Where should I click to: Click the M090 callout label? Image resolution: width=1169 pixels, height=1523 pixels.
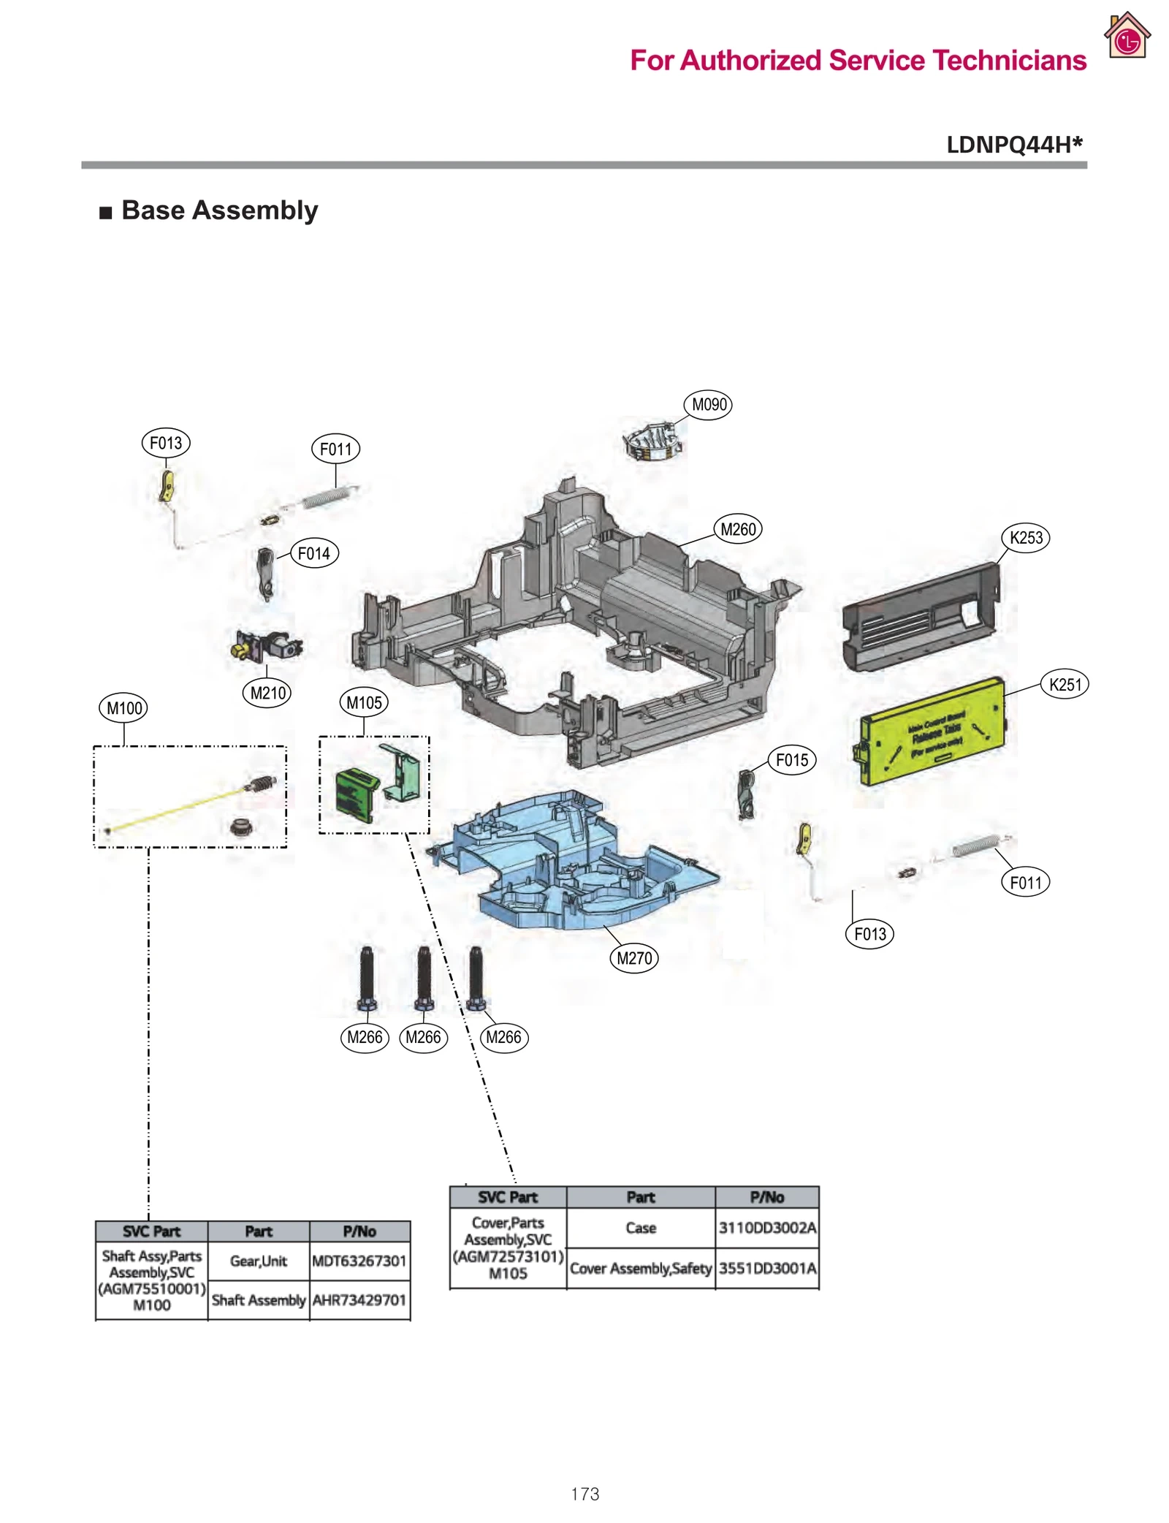pos(707,404)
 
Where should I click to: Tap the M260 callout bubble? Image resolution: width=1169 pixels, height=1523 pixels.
pos(737,529)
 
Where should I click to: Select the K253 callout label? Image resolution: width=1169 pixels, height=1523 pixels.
pos(1025,538)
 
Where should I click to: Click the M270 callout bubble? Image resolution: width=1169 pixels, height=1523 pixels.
pos(633,958)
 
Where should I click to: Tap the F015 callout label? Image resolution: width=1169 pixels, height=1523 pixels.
pos(791,760)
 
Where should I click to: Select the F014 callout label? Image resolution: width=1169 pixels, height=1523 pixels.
pos(314,553)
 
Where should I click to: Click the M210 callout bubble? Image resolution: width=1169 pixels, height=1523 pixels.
pos(267,693)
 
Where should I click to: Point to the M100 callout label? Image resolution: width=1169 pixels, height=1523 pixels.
pos(123,708)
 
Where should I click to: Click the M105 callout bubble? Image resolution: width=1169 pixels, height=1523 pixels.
pos(363,703)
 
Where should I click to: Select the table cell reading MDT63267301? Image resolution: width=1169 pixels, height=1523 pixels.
pos(359,1261)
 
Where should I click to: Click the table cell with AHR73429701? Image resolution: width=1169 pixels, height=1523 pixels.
pos(359,1299)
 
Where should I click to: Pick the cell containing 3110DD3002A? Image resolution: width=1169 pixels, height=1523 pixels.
pos(766,1227)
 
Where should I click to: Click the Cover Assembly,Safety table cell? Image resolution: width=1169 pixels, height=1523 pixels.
pos(640,1268)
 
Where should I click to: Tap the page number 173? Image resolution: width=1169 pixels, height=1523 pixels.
pos(584,1494)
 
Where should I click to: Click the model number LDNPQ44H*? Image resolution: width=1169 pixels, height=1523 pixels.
pos(1013,145)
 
